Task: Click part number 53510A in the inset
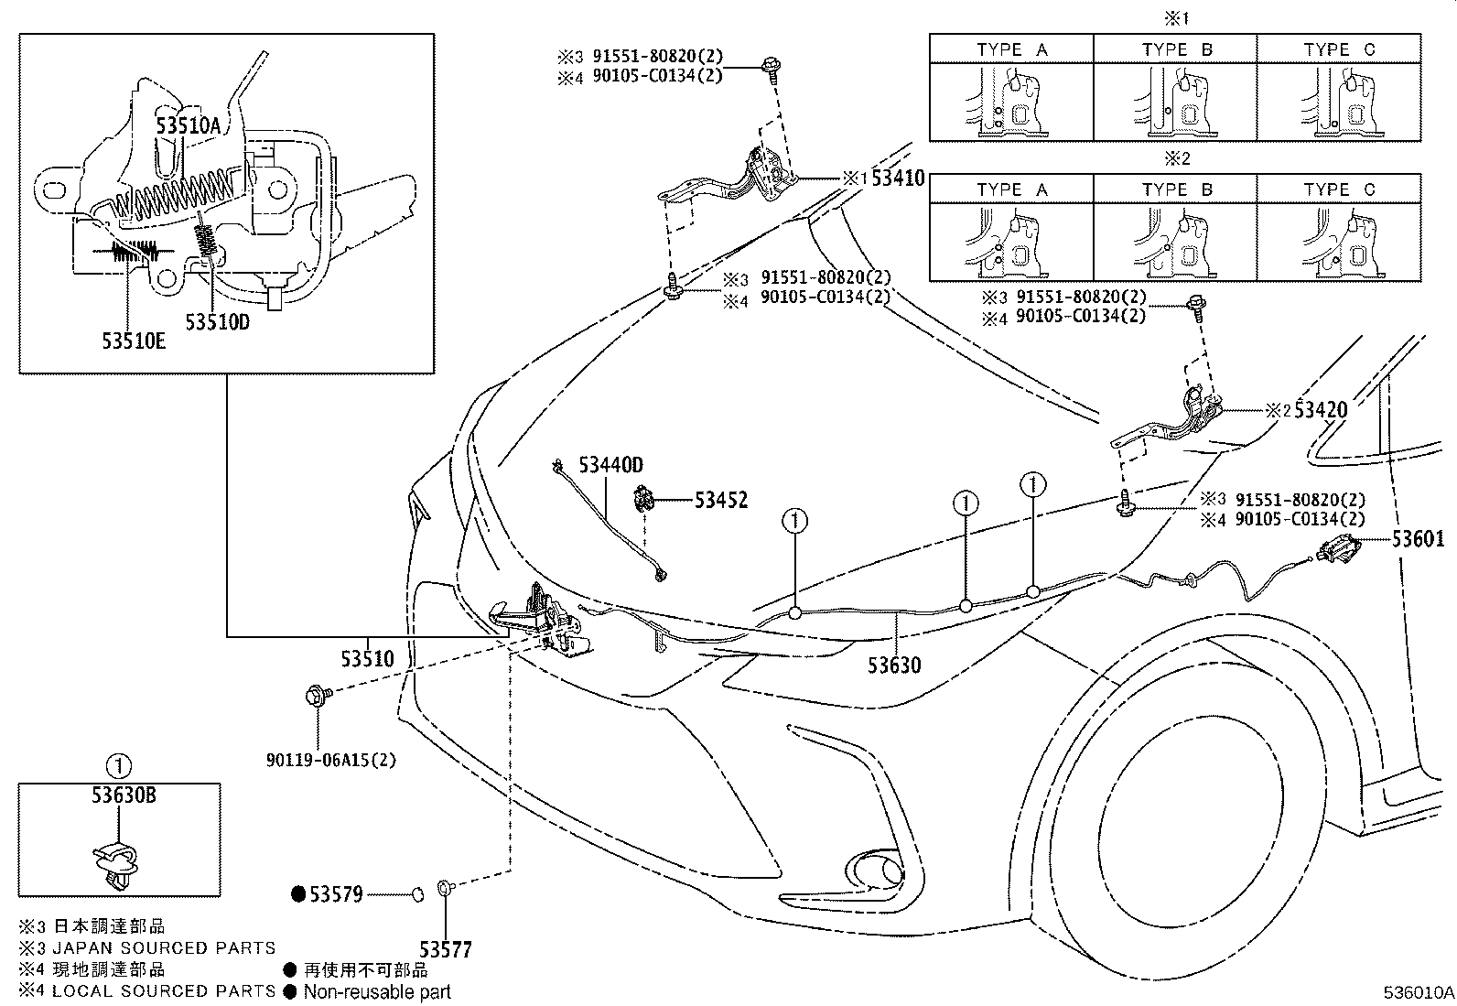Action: [188, 127]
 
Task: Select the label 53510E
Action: [134, 341]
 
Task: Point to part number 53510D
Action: [217, 322]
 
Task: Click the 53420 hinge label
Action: [1321, 410]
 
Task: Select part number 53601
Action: [1419, 539]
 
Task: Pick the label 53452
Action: [720, 500]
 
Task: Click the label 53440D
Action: [610, 466]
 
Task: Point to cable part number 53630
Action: [894, 665]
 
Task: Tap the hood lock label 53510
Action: [367, 658]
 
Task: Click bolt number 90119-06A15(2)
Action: [331, 760]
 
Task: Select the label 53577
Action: [446, 949]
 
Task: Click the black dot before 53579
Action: [297, 894]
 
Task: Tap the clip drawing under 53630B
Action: [117, 860]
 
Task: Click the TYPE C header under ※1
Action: [1339, 49]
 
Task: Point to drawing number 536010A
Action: [1418, 992]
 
